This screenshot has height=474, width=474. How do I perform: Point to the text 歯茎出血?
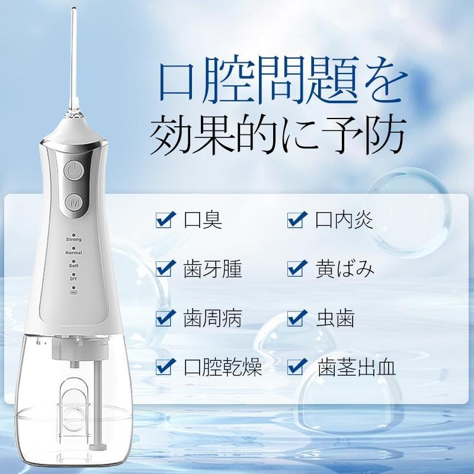pyautogui.click(x=356, y=367)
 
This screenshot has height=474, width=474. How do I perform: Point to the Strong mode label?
pyautogui.click(x=74, y=239)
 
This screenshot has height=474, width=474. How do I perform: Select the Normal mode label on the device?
pyautogui.click(x=74, y=253)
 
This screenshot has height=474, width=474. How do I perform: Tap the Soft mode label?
pyautogui.click(x=74, y=267)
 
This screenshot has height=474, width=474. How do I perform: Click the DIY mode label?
pyautogui.click(x=74, y=279)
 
